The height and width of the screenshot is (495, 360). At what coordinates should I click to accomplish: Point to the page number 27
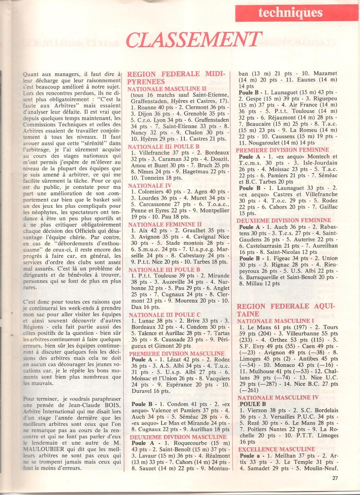click(335, 477)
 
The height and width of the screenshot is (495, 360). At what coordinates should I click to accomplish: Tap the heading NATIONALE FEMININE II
click(165, 224)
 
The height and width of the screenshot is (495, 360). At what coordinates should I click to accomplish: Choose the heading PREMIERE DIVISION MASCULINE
click(177, 354)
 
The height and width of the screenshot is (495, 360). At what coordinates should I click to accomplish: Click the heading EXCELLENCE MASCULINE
click(276, 449)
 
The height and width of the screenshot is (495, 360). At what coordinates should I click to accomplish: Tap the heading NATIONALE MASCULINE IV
click(278, 397)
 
